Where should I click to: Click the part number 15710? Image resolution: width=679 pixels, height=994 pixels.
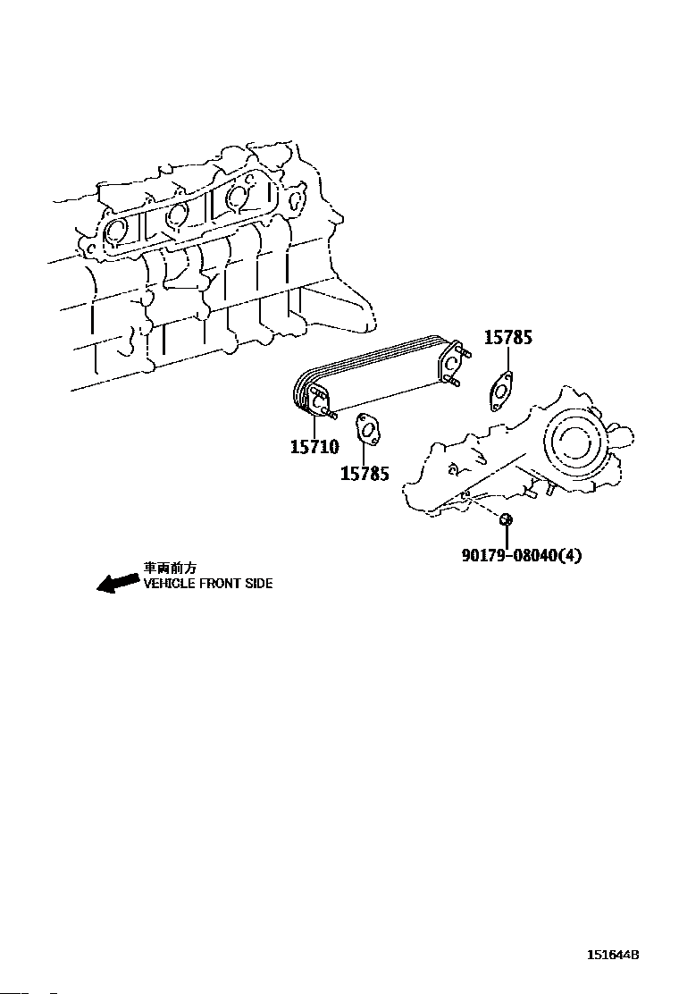[314, 446]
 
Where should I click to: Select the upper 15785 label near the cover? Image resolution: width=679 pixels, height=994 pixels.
[508, 338]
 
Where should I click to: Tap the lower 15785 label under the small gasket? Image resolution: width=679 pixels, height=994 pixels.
[365, 474]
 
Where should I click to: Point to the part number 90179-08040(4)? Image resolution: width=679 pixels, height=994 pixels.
[521, 555]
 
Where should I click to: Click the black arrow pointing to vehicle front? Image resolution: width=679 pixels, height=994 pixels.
[118, 584]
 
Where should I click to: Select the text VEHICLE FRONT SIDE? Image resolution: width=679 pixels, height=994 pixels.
[208, 584]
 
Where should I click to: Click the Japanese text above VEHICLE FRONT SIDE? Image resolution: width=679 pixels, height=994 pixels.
[170, 568]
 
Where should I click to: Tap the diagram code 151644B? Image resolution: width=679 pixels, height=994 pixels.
[613, 955]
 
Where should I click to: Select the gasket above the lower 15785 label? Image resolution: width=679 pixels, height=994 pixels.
[366, 428]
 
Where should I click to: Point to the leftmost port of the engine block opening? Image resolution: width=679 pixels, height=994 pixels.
[116, 231]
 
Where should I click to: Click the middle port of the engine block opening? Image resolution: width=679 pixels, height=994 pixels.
[177, 214]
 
